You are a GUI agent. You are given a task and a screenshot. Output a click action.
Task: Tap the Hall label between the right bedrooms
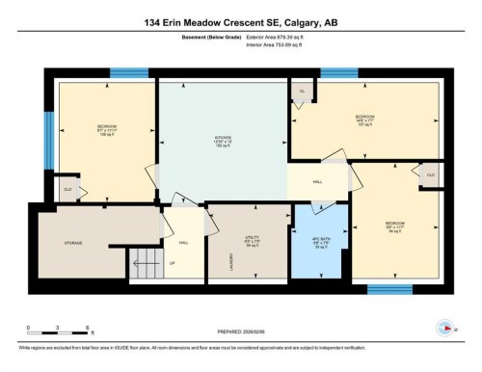pos(317,180)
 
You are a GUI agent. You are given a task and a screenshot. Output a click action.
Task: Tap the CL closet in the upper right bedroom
pos(303,91)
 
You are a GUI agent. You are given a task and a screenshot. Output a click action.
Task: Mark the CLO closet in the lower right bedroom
pos(430,174)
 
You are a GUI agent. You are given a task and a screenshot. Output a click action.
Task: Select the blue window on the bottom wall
pos(390,289)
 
